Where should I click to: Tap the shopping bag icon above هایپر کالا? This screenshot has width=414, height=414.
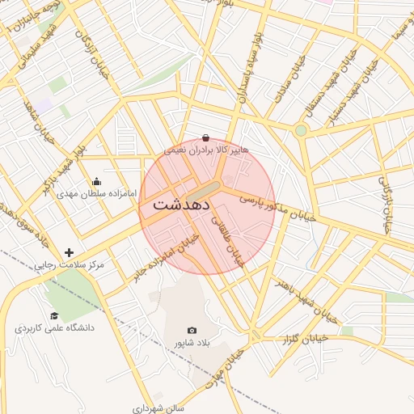205,137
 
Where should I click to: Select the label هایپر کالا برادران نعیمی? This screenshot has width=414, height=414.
206,150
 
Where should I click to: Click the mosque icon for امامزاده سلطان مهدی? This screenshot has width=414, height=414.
97,182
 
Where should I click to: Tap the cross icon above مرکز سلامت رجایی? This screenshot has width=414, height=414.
69,253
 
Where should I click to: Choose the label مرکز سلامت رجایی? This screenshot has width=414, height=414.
69,265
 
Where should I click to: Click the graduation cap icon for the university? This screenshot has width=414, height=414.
54,316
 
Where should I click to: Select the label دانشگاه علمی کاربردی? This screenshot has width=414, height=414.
54,328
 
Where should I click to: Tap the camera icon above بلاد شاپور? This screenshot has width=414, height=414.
192,330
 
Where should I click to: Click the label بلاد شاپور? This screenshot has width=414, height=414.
192,343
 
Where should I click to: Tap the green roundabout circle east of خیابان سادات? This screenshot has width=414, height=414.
301,130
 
